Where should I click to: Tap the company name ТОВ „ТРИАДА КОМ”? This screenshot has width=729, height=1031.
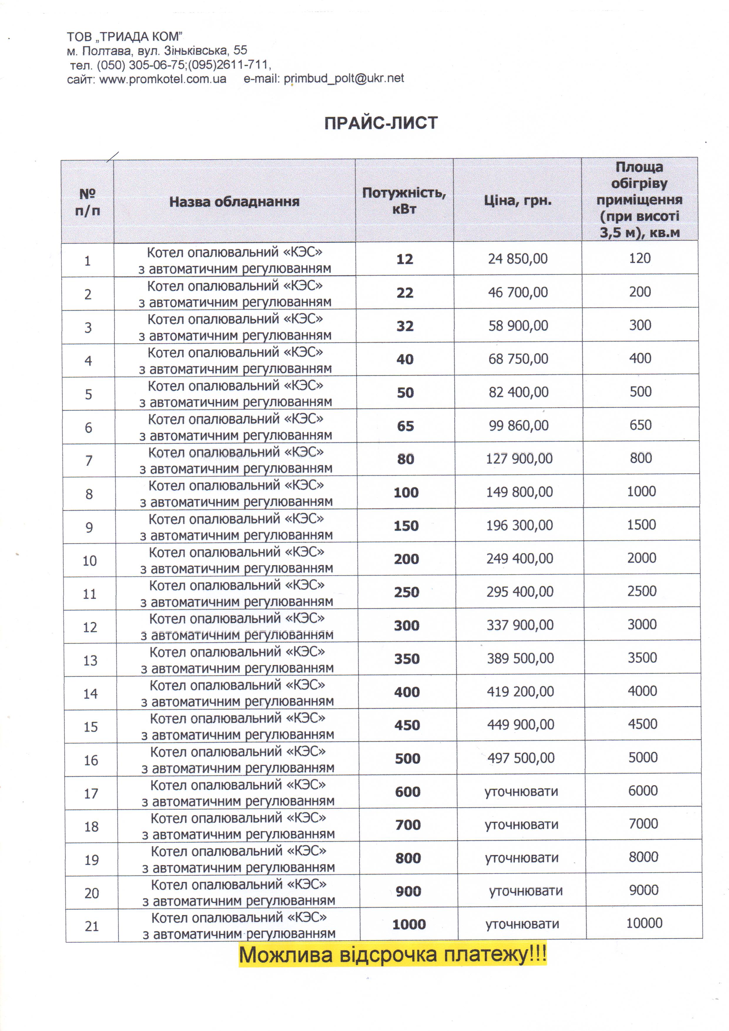click(x=124, y=37)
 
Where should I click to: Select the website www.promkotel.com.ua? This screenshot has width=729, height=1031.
click(x=162, y=80)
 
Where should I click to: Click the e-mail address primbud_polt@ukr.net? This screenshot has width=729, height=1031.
click(x=343, y=78)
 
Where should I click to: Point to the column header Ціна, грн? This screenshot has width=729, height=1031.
click(x=517, y=200)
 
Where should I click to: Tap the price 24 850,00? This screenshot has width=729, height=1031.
click(x=518, y=259)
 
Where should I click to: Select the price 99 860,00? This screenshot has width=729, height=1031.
click(x=519, y=425)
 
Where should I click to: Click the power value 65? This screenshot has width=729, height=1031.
click(x=405, y=426)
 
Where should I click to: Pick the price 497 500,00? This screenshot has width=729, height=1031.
click(x=521, y=758)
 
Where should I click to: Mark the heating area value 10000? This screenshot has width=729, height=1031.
click(x=644, y=923)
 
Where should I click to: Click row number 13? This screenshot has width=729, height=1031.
click(x=90, y=660)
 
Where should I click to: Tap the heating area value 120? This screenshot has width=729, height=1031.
click(x=640, y=258)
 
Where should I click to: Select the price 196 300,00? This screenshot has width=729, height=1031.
click(x=519, y=525)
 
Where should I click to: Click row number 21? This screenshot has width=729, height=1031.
click(x=92, y=926)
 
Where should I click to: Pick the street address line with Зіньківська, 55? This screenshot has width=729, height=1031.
click(x=157, y=51)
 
